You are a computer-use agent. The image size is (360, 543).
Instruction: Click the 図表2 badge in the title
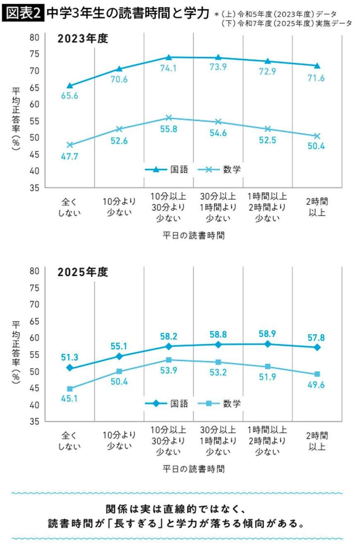pyautogui.click(x=23, y=14)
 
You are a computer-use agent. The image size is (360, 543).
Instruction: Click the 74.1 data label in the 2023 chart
pyautogui.click(x=168, y=68)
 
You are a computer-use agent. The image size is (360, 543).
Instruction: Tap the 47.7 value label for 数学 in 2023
pyautogui.click(x=70, y=156)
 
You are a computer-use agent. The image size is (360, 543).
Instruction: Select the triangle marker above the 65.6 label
pyautogui.click(x=70, y=86)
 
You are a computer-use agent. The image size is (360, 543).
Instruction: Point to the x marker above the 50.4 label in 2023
pyautogui.click(x=317, y=136)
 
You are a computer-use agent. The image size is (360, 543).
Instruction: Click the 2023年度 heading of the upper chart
pyautogui.click(x=83, y=39)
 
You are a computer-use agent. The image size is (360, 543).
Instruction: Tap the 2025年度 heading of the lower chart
pyautogui.click(x=83, y=272)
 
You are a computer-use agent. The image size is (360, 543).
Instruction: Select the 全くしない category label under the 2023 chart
pyautogui.click(x=70, y=207)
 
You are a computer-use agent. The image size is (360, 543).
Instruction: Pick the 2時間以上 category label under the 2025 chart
pyautogui.click(x=317, y=441)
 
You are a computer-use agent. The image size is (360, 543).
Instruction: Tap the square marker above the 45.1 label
pyautogui.click(x=70, y=389)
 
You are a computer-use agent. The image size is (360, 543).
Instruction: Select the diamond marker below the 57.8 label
pyautogui.click(x=317, y=347)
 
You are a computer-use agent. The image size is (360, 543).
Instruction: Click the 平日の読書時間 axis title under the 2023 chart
pyautogui.click(x=193, y=236)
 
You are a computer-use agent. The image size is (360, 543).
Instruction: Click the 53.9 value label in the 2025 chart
pyautogui.click(x=168, y=371)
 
